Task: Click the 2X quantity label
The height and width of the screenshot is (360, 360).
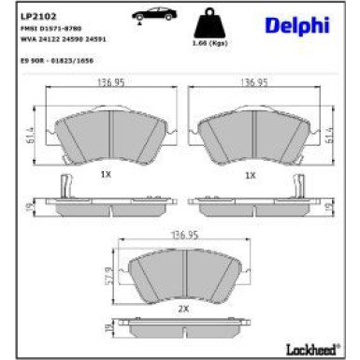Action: point(182,307)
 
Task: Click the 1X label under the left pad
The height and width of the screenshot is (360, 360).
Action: point(106,174)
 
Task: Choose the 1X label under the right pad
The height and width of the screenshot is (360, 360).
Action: point(250,174)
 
